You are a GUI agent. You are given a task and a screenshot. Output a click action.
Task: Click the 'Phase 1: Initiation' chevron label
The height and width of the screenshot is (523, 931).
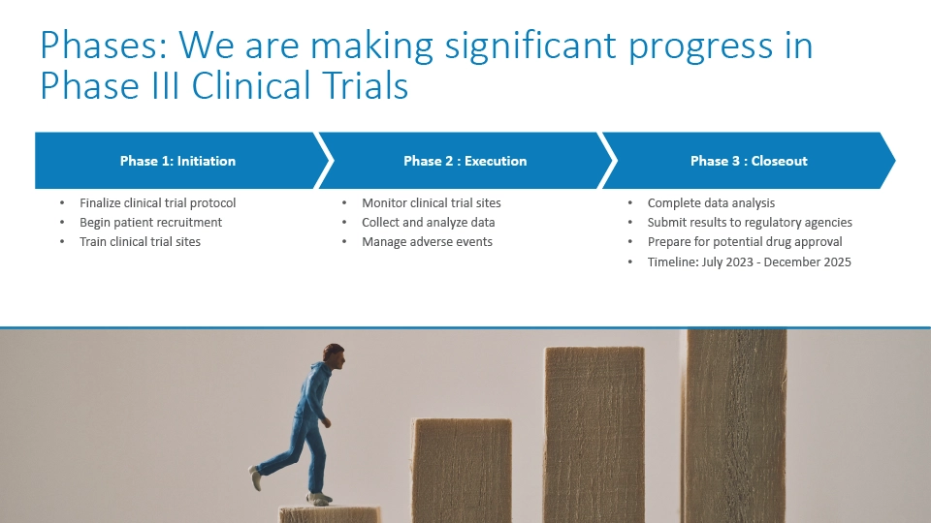(177, 161)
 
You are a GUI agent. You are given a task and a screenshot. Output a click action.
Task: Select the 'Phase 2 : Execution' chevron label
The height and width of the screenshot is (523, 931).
(465, 161)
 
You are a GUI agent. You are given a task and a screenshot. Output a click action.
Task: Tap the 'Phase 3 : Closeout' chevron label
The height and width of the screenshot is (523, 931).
(749, 161)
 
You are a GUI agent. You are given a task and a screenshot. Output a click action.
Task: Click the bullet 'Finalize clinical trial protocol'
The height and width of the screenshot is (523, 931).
(157, 202)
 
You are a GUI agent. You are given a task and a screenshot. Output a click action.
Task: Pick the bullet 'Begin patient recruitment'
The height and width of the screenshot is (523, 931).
(151, 223)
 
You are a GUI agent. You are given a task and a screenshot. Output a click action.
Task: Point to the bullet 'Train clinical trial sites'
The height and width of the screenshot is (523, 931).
(140, 241)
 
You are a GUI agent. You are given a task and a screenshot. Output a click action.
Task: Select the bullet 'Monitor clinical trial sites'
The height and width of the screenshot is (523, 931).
(431, 202)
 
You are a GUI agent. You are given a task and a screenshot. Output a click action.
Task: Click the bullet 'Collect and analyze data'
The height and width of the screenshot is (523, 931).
(428, 223)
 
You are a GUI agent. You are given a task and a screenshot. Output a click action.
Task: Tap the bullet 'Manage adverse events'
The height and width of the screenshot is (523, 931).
(427, 241)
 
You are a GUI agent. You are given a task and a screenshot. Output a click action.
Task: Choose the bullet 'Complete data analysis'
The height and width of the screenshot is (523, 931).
(711, 202)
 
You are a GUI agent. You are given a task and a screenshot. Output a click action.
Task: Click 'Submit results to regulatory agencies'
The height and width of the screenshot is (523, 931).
(750, 223)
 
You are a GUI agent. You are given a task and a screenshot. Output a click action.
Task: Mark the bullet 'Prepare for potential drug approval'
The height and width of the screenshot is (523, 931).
(745, 241)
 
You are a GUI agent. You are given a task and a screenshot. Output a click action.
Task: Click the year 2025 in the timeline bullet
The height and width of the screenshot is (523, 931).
(837, 262)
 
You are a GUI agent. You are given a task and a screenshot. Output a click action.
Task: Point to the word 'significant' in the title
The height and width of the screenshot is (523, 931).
(530, 46)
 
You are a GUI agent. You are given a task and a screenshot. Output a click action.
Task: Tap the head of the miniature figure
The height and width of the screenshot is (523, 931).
(334, 355)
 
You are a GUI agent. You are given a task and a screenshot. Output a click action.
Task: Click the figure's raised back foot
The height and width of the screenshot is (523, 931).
(255, 477)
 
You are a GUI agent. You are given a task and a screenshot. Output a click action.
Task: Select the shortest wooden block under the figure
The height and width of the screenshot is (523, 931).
(330, 514)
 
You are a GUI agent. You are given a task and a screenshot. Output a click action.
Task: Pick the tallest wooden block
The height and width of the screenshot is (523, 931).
(737, 426)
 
